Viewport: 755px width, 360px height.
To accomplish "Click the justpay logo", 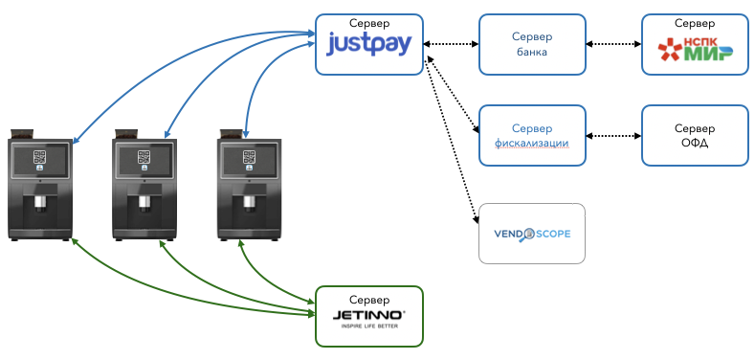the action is click(x=368, y=45).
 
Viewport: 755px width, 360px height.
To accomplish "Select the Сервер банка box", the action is click(x=532, y=44).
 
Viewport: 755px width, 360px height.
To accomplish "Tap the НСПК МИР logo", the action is click(x=695, y=49).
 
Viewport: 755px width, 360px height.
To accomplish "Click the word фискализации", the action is click(x=532, y=143).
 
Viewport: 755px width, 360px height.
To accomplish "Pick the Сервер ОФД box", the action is click(x=695, y=135).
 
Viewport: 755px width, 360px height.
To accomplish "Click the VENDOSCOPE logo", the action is click(x=532, y=235).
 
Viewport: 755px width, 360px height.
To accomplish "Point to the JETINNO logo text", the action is click(x=368, y=316).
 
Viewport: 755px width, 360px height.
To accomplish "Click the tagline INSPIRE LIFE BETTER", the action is click(x=369, y=326).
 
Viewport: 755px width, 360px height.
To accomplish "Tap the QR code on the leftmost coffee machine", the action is click(x=40, y=157).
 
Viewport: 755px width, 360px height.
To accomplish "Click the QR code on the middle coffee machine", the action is click(x=144, y=157).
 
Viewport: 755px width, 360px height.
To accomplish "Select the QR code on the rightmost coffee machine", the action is click(x=249, y=157).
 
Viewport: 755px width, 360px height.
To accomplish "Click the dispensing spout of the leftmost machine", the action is click(x=40, y=203).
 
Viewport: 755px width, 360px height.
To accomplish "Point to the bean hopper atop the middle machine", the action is click(x=127, y=134).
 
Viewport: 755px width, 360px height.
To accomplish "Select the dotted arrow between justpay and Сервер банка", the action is click(x=451, y=44).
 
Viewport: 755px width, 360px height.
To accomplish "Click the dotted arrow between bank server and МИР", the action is click(x=613, y=44).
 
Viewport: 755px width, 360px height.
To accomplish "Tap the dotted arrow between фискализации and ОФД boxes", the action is click(x=613, y=135).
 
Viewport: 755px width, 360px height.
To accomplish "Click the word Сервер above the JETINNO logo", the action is click(x=369, y=300).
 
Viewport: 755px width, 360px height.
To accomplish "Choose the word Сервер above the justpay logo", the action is click(x=369, y=23).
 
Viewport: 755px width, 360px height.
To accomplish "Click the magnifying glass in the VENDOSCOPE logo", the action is click(x=528, y=236).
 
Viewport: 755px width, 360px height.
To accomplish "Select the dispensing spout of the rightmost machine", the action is click(x=249, y=203).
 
